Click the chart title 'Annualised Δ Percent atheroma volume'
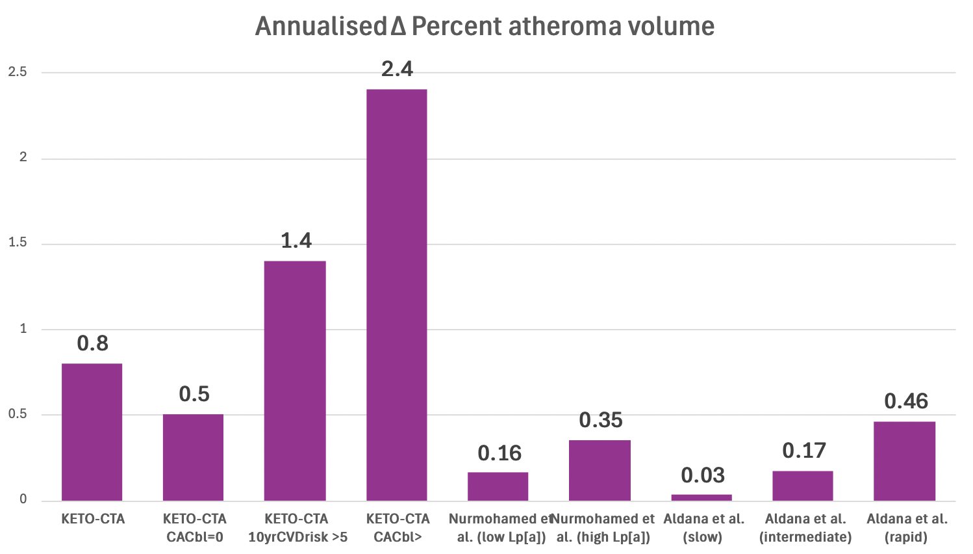click(485, 27)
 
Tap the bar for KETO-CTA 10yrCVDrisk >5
click(295, 380)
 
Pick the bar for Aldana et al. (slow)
click(701, 497)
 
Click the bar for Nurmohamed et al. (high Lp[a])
click(600, 470)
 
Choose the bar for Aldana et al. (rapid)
click(904, 461)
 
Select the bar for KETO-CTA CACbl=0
click(193, 457)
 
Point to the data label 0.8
click(92, 343)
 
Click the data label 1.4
click(296, 241)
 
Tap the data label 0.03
click(702, 475)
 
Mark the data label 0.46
click(905, 401)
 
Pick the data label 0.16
click(499, 453)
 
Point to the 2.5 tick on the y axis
click(18, 72)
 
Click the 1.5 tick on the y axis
click(18, 243)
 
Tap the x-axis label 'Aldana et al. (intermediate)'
click(805, 528)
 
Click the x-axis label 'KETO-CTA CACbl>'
click(398, 528)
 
